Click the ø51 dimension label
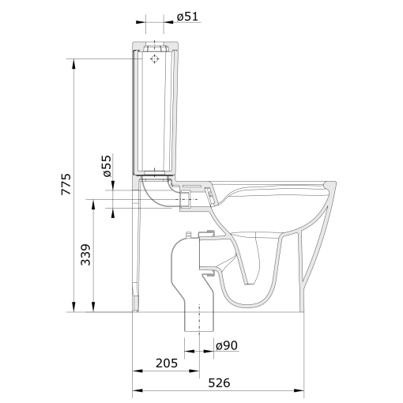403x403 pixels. point(188,17)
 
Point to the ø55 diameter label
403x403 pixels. point(107,165)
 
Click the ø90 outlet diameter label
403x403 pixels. point(227,345)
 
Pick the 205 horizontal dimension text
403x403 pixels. point(166,363)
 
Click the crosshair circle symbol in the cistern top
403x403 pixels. point(155,58)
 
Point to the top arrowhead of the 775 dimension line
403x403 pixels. point(74,62)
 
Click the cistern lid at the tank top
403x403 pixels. point(156,43)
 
